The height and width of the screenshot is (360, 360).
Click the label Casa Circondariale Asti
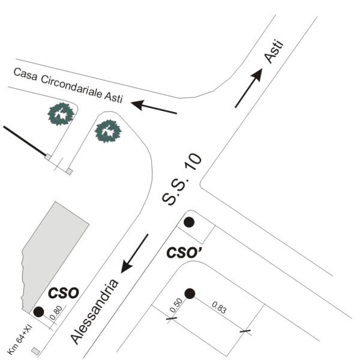tap(67, 86)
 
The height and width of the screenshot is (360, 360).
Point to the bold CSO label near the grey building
tap(64, 293)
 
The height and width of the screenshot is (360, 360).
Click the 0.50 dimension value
tap(176, 305)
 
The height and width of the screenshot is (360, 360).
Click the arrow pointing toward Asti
tap(248, 88)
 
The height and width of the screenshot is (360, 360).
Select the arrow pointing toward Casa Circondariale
tap(154, 107)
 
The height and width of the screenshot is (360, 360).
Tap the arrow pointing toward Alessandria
tap(134, 253)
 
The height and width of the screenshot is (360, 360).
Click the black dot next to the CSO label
tap(39, 311)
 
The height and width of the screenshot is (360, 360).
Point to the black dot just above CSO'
tap(189, 222)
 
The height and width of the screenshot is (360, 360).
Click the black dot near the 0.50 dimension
tap(190, 293)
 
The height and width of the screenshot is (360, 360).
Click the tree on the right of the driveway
tap(109, 130)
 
